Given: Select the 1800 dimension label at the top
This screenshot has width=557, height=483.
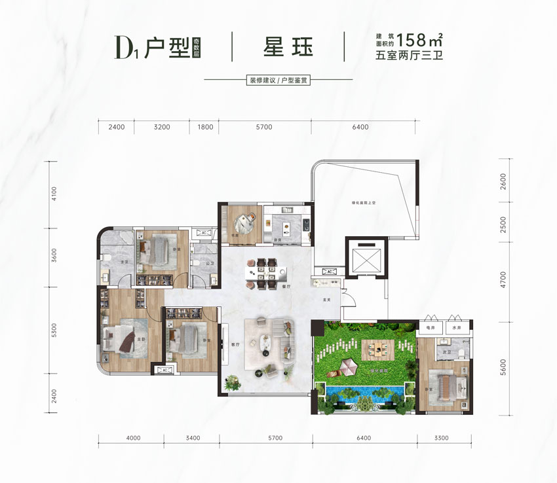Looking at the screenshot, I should [x=205, y=127].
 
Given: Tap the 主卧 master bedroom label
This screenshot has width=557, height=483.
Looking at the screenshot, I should [x=140, y=339].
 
